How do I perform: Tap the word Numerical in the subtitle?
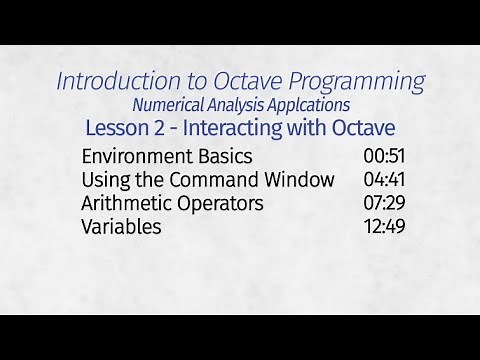[x=171, y=105]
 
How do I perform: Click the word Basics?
[x=223, y=157]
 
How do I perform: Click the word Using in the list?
[x=104, y=180]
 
